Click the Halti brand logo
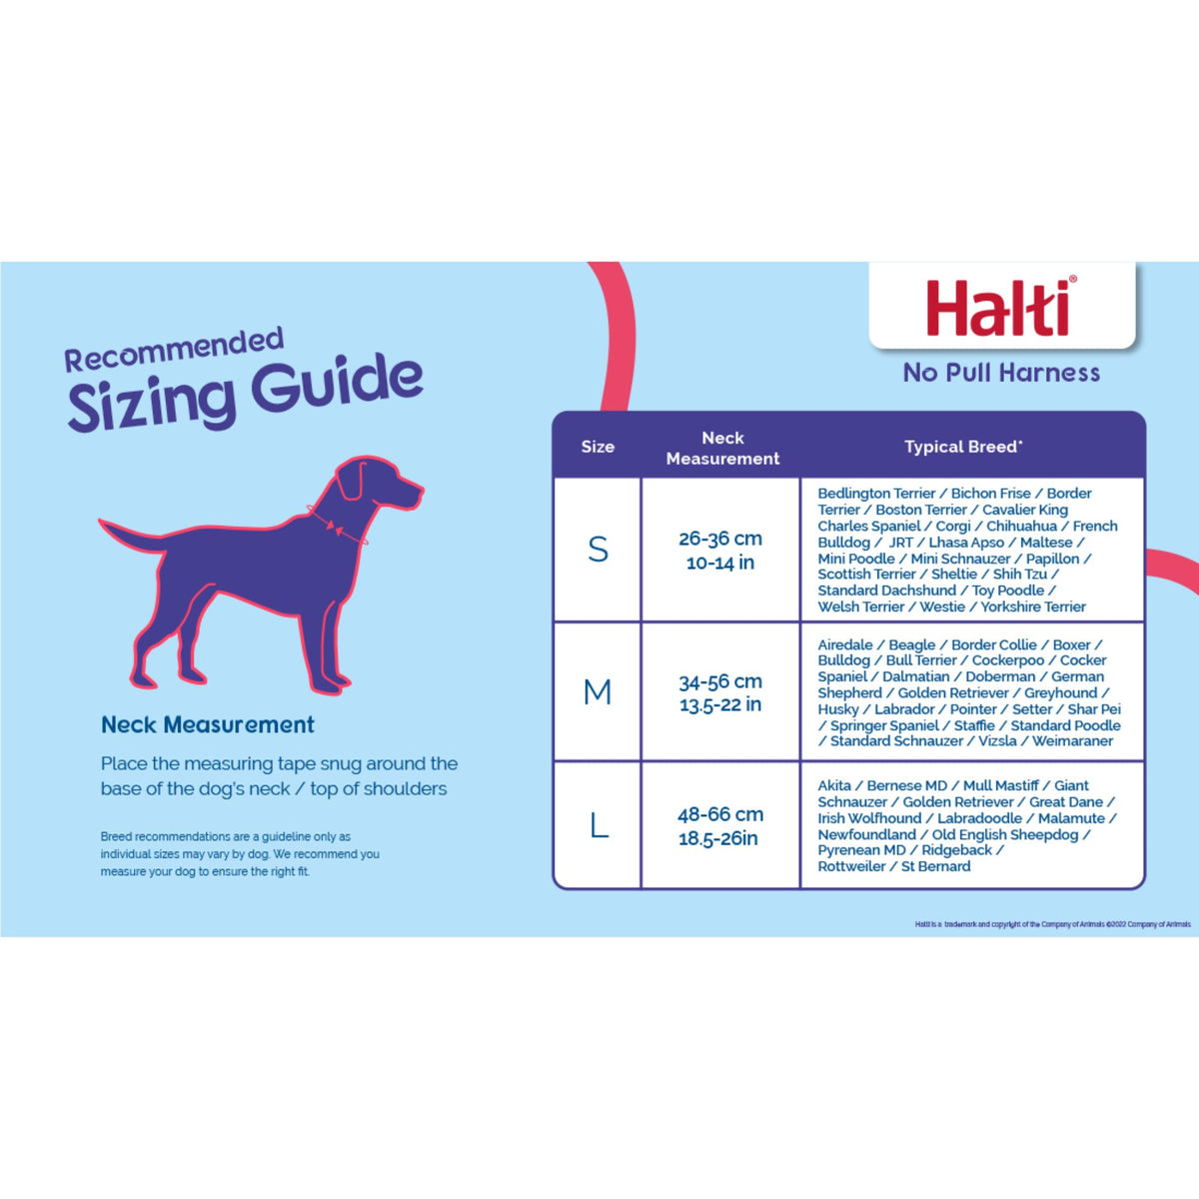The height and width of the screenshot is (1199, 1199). coord(1000,308)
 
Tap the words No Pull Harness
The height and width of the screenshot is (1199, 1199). coord(1001,373)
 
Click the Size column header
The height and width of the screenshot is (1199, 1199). coord(598,447)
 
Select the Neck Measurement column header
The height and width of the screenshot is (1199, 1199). coord(722,448)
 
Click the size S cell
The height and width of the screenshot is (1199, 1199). coord(598,550)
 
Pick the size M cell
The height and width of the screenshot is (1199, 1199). coord(598,691)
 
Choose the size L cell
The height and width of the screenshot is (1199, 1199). coord(599,825)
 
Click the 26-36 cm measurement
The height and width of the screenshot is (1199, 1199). coord(720,539)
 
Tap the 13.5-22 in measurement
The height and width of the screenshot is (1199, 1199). coord(720,704)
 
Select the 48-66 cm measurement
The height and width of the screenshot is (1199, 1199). coord(720,814)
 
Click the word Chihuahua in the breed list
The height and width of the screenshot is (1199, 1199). coord(1021,526)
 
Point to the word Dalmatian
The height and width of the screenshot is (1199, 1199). coord(915,676)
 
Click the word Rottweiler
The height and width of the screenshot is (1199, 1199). coord(851,866)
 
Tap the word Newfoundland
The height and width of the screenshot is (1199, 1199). coord(866,834)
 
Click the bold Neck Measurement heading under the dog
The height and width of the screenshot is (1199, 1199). coord(208,724)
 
